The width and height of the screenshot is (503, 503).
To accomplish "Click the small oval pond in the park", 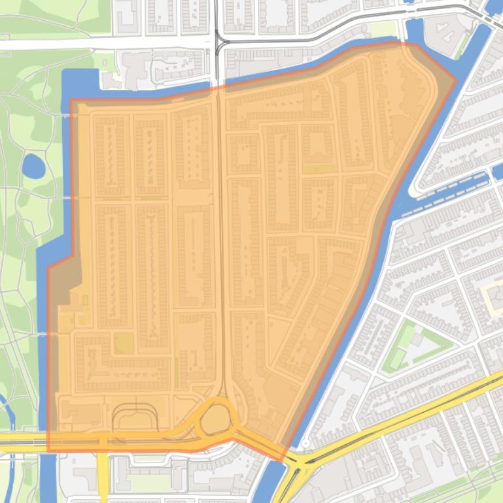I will tap(33, 166).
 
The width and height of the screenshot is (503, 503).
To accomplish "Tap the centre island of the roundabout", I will tap(215, 420).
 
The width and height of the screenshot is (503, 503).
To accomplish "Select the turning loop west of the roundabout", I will tap(135, 417).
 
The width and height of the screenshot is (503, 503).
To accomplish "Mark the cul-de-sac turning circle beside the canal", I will tap(305, 444).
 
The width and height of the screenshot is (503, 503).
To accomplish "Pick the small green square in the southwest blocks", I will tap(124, 342).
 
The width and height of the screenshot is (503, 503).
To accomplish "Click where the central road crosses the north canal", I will tap(218, 88).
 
